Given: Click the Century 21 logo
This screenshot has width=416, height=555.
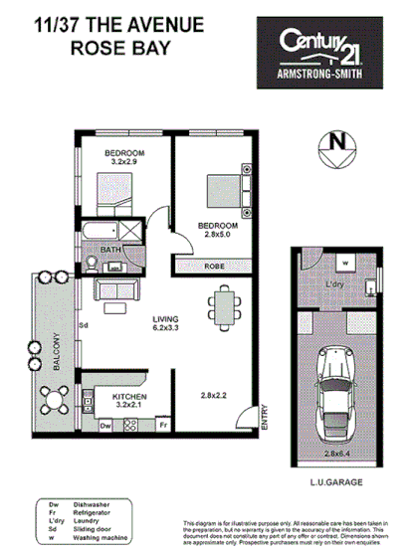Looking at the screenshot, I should coord(320,55).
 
